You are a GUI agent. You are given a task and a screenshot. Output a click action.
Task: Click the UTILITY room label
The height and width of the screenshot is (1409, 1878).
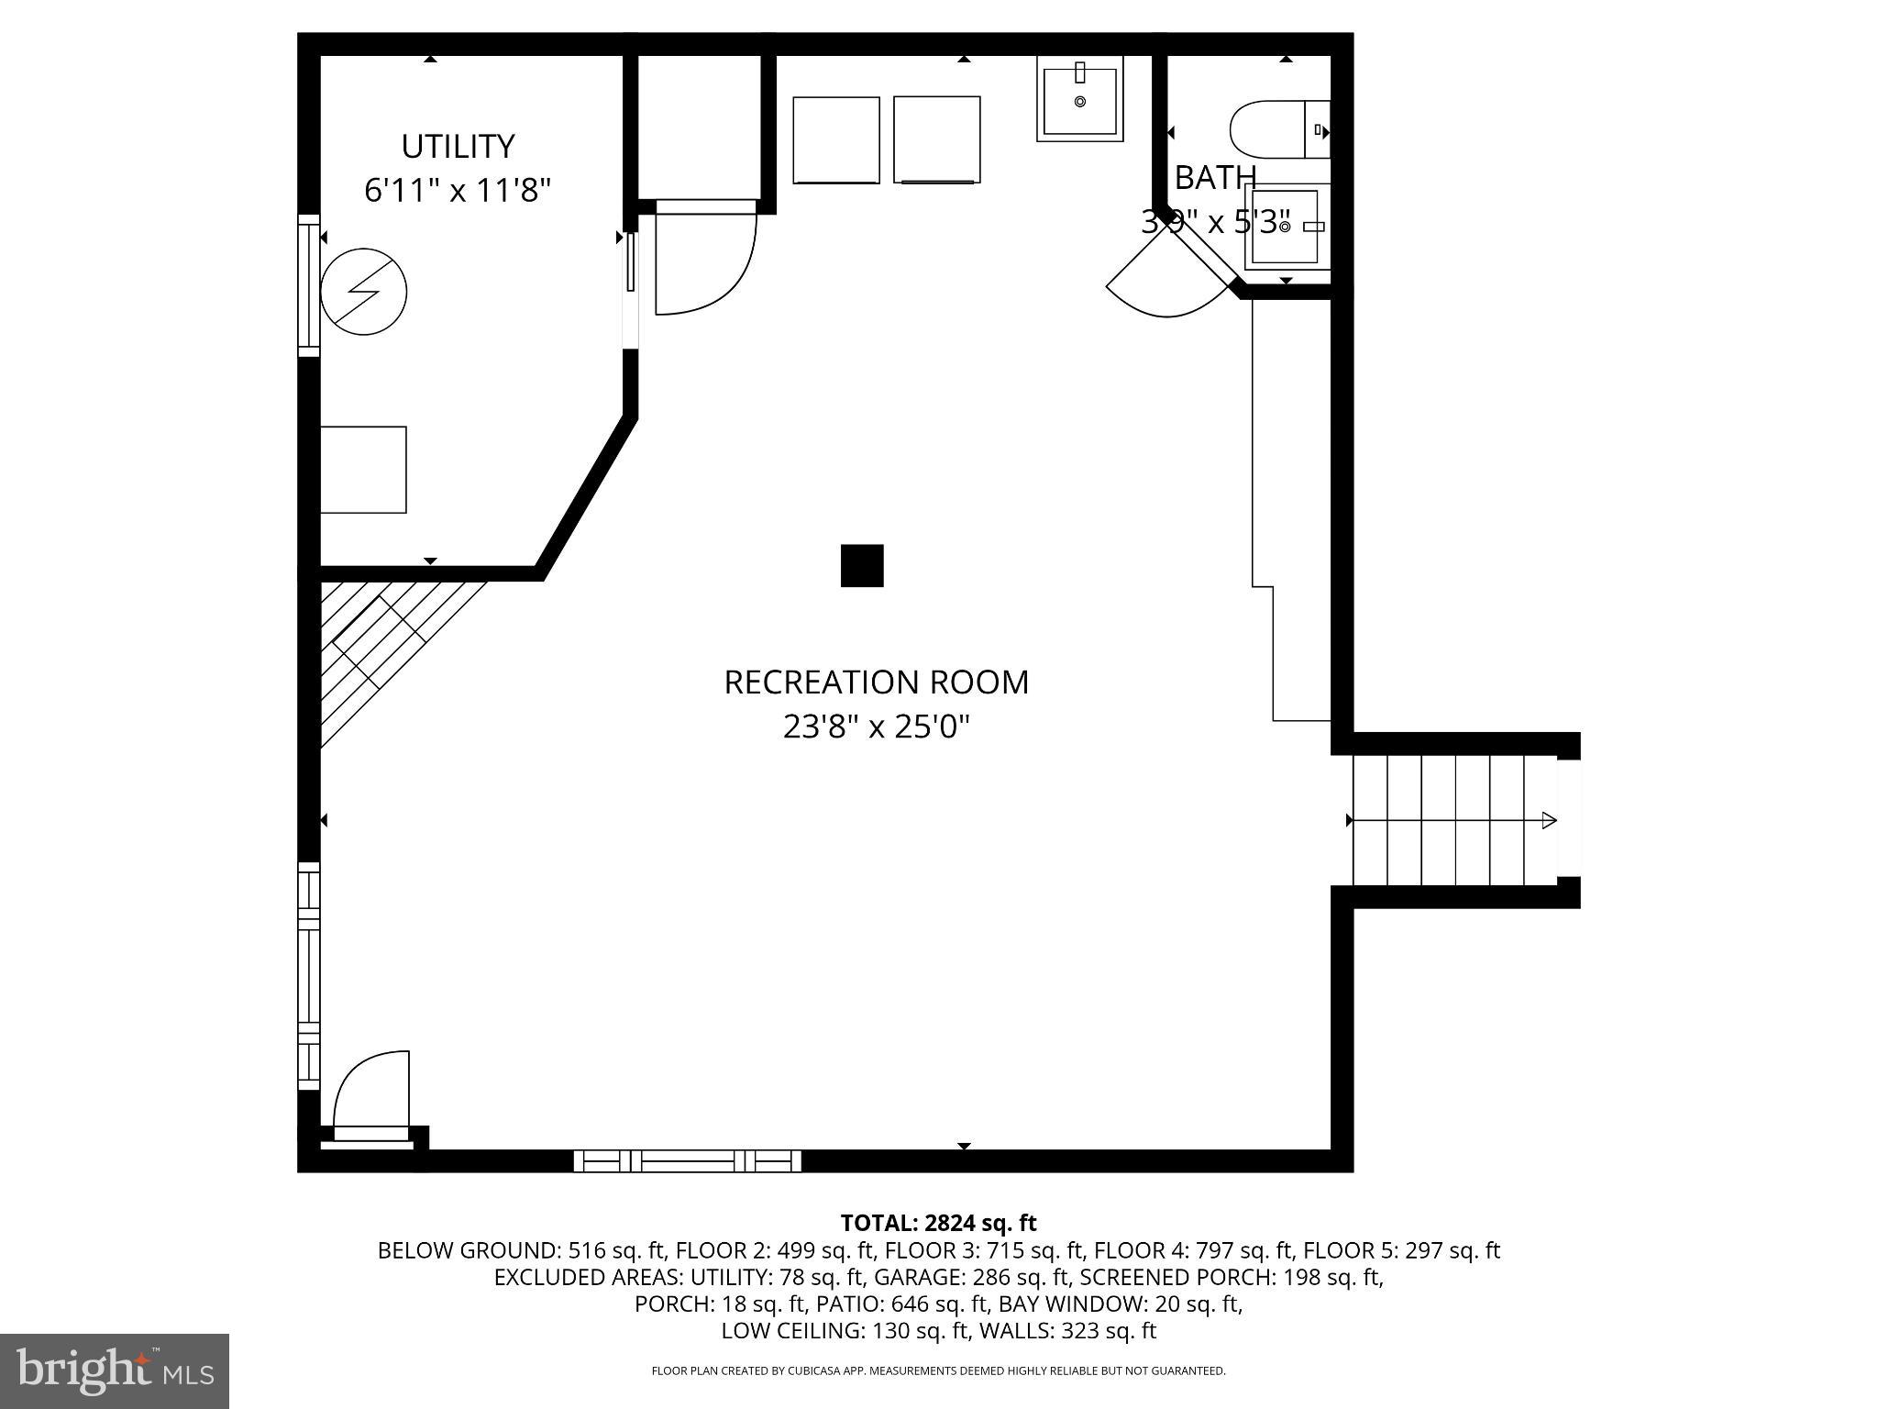tap(458, 147)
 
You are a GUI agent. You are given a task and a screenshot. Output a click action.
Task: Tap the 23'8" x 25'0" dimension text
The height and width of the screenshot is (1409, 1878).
tap(876, 727)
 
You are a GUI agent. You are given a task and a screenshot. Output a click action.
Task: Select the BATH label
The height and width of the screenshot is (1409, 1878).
tap(1214, 178)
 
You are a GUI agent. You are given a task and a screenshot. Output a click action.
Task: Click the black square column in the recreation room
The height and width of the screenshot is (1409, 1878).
tap(862, 565)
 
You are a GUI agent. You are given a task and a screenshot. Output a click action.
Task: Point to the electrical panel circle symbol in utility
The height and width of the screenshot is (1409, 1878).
tap(364, 291)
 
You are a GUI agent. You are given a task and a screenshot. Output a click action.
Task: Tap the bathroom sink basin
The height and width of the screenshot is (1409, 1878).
tap(1285, 226)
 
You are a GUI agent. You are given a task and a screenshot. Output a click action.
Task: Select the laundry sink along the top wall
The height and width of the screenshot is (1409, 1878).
tap(1080, 99)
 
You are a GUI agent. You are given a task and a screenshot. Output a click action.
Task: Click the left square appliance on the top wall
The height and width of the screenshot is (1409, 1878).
tap(835, 140)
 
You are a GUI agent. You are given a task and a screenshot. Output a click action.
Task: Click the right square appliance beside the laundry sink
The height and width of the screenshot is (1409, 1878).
tap(937, 140)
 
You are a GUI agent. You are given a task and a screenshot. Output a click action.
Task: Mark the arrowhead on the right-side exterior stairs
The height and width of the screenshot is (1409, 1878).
tap(1549, 820)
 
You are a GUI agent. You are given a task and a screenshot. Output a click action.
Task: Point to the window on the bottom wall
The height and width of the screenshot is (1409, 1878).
tap(688, 1160)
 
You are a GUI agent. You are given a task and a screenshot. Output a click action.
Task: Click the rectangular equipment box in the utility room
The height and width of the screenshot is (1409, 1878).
tap(363, 470)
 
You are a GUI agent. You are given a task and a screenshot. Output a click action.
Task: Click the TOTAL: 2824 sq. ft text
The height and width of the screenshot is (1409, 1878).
tap(938, 1223)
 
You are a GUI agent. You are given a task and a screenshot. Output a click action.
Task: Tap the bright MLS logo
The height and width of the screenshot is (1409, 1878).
tap(114, 1370)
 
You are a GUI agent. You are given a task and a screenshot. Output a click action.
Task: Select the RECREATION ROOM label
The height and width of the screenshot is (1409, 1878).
tap(876, 682)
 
